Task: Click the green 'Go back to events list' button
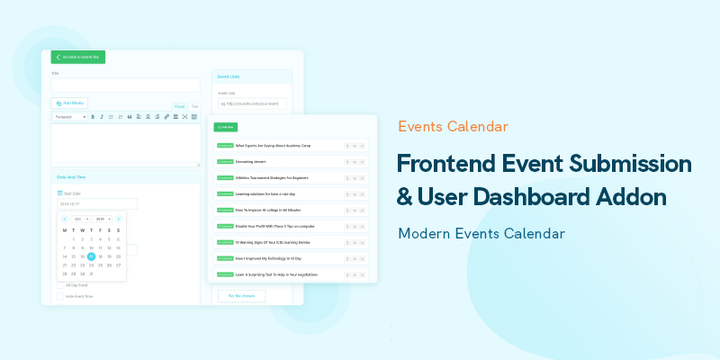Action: click(x=77, y=58)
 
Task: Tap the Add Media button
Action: click(x=69, y=103)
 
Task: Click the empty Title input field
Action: click(x=125, y=85)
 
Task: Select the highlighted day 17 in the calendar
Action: click(x=91, y=256)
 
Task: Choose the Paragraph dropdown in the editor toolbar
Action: click(x=69, y=117)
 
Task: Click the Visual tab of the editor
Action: click(x=179, y=106)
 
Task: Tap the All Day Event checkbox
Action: click(x=60, y=285)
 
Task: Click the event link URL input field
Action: click(x=251, y=104)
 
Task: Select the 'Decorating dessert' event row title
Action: click(x=252, y=161)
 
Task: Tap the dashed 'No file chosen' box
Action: click(x=242, y=295)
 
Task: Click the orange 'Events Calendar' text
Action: click(x=453, y=127)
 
